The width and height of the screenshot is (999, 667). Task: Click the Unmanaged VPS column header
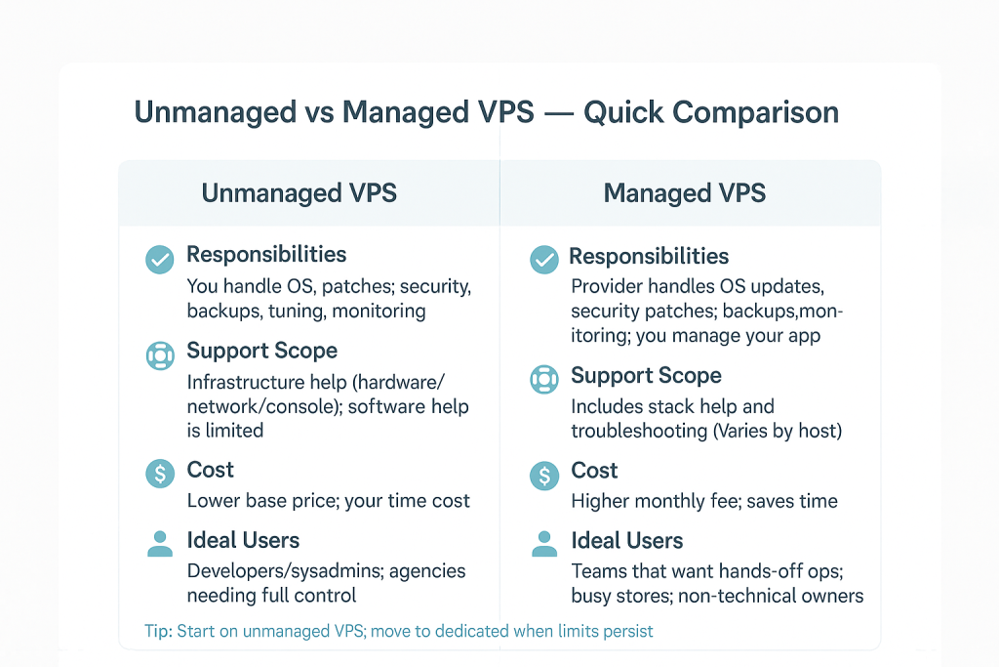click(299, 193)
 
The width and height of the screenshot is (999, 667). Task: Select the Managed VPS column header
click(684, 193)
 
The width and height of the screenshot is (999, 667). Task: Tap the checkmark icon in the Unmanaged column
click(159, 260)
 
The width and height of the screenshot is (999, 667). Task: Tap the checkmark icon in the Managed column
click(544, 260)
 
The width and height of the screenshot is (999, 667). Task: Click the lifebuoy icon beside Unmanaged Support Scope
click(160, 355)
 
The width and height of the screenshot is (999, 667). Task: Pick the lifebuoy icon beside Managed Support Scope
click(544, 380)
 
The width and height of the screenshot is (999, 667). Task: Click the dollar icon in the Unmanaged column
click(160, 474)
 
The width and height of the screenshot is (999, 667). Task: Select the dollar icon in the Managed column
click(544, 475)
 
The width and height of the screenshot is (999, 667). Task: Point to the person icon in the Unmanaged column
click(160, 544)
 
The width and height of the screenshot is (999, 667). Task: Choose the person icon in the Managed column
click(544, 544)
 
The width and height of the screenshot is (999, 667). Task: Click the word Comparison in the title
click(756, 113)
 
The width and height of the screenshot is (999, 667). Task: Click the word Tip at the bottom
click(158, 631)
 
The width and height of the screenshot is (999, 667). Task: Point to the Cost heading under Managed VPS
click(594, 471)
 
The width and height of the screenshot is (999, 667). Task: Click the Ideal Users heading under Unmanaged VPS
click(243, 541)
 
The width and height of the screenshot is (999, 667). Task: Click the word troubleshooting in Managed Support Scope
click(639, 432)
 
